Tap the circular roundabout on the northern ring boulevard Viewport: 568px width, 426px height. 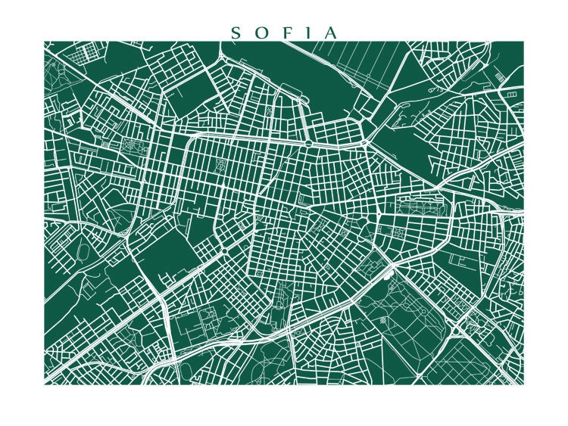pos(330,142)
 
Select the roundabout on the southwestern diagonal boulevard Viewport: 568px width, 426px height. pos(225,250)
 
